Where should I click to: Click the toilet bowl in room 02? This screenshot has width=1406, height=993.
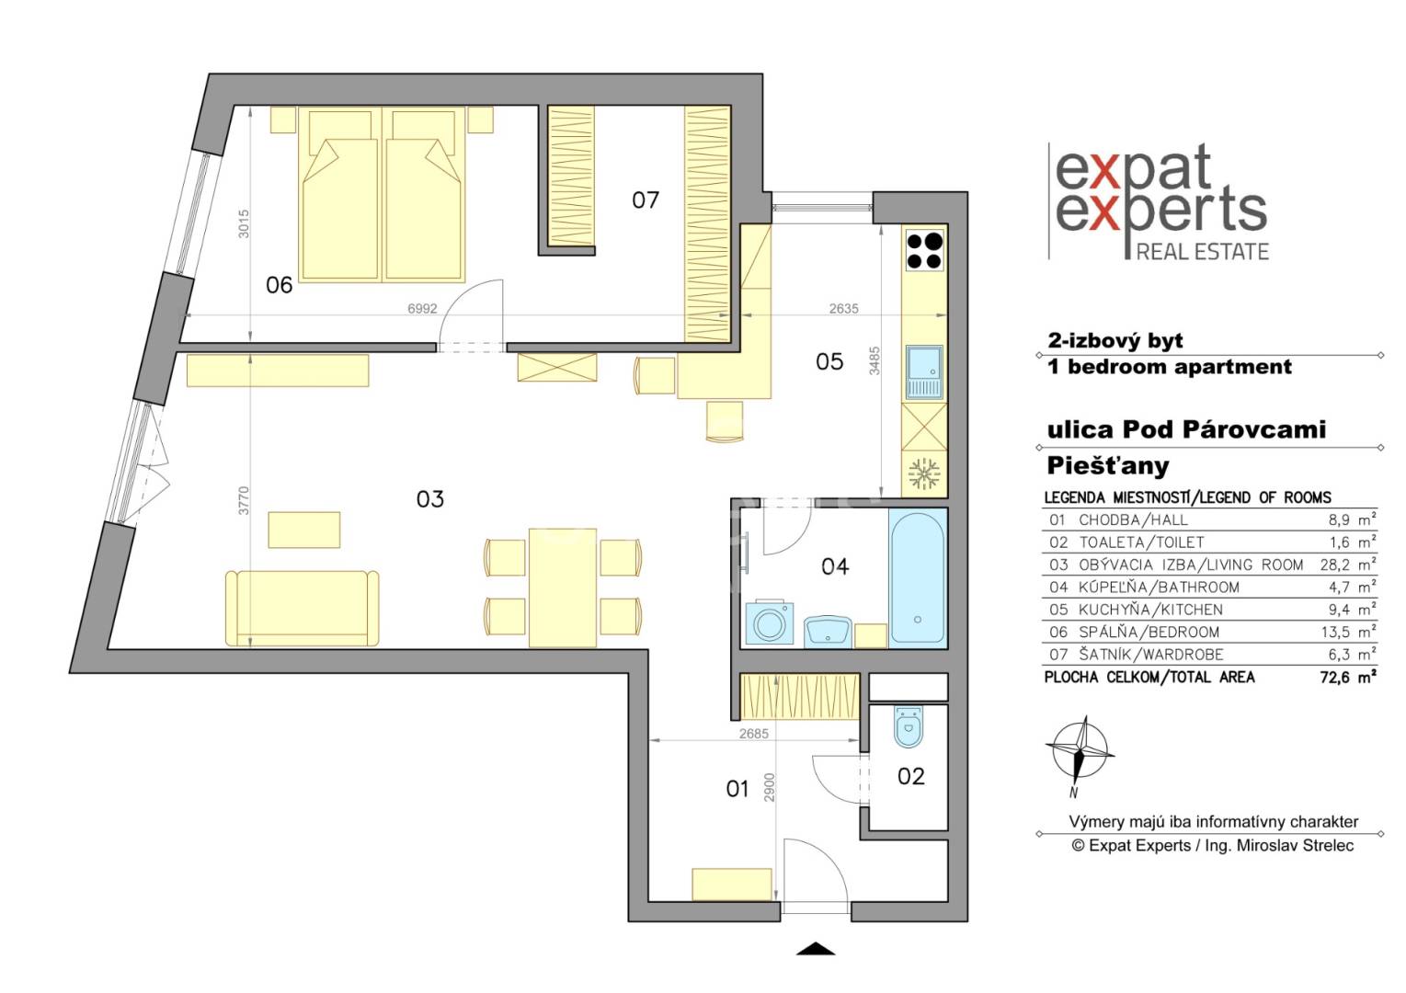(908, 727)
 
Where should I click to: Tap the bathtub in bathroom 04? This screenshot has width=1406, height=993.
(917, 576)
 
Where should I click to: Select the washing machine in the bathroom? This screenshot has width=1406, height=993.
(770, 623)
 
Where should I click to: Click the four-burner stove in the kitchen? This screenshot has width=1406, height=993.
(924, 250)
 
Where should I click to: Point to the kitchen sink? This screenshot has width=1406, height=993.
(924, 372)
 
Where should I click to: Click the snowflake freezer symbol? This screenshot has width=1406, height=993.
(924, 474)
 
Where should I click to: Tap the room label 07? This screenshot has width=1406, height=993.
(646, 200)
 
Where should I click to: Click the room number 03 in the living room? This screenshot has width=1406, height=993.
(430, 499)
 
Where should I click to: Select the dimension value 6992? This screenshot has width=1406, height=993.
(422, 308)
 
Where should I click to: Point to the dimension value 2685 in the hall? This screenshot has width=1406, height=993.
(753, 733)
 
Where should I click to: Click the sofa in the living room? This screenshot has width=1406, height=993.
(302, 609)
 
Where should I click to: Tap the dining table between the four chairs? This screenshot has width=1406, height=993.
(563, 588)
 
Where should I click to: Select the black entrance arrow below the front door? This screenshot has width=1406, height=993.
(816, 949)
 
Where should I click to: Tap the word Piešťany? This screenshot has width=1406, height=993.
(1108, 466)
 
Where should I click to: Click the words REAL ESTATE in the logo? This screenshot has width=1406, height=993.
(1203, 252)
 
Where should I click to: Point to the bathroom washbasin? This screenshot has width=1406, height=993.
(828, 632)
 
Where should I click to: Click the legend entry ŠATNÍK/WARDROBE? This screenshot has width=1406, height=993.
(1151, 654)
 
